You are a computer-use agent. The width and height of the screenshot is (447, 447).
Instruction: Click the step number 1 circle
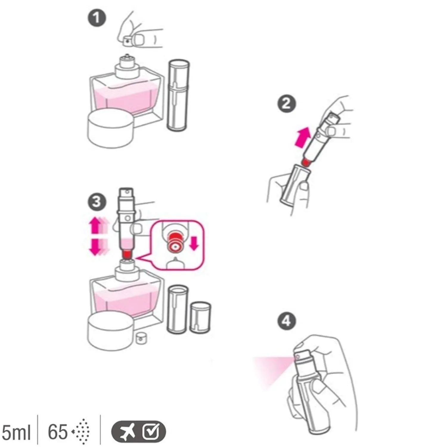(x=97, y=18)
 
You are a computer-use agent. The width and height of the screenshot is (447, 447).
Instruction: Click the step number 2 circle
(x=286, y=104)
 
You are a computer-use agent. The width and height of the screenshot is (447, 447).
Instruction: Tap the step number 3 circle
(x=97, y=202)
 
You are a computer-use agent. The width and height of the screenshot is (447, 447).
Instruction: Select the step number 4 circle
(x=286, y=321)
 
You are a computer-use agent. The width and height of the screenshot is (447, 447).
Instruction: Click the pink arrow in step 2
(x=302, y=137)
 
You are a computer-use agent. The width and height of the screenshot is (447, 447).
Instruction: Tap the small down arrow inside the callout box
(x=194, y=242)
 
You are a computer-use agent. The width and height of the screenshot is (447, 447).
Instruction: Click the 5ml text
(x=16, y=432)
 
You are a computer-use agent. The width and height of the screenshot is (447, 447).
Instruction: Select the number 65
(x=58, y=432)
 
